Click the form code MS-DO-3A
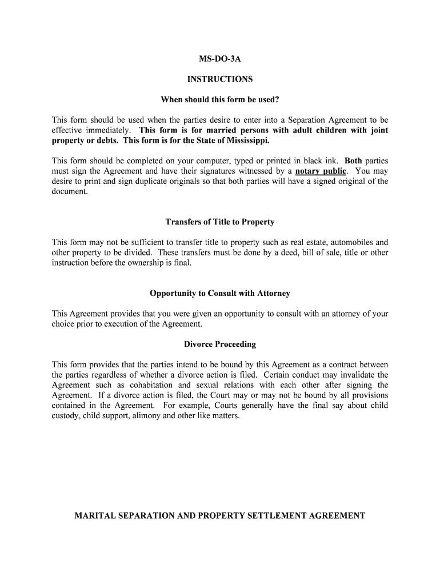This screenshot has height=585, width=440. point(220,59)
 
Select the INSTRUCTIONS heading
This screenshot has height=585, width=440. point(220,79)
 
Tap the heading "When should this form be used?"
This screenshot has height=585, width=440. point(220,100)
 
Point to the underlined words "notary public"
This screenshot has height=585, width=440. point(321,171)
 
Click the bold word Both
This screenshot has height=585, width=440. point(353,161)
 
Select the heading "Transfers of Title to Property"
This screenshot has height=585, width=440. point(220,222)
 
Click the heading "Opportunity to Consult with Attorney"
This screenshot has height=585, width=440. point(220,293)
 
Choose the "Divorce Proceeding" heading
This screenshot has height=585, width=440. point(220,344)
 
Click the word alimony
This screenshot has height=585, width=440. point(153,416)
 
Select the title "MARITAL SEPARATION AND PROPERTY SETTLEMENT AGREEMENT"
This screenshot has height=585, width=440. point(220,515)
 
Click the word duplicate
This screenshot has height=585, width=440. point(135,181)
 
